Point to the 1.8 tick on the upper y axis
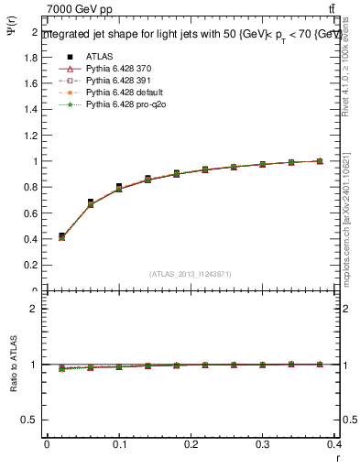tap(33, 57)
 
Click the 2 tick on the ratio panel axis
tap(37, 309)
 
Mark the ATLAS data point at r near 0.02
tap(61, 235)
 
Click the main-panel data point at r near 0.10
tap(119, 187)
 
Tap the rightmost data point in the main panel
tap(320, 161)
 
